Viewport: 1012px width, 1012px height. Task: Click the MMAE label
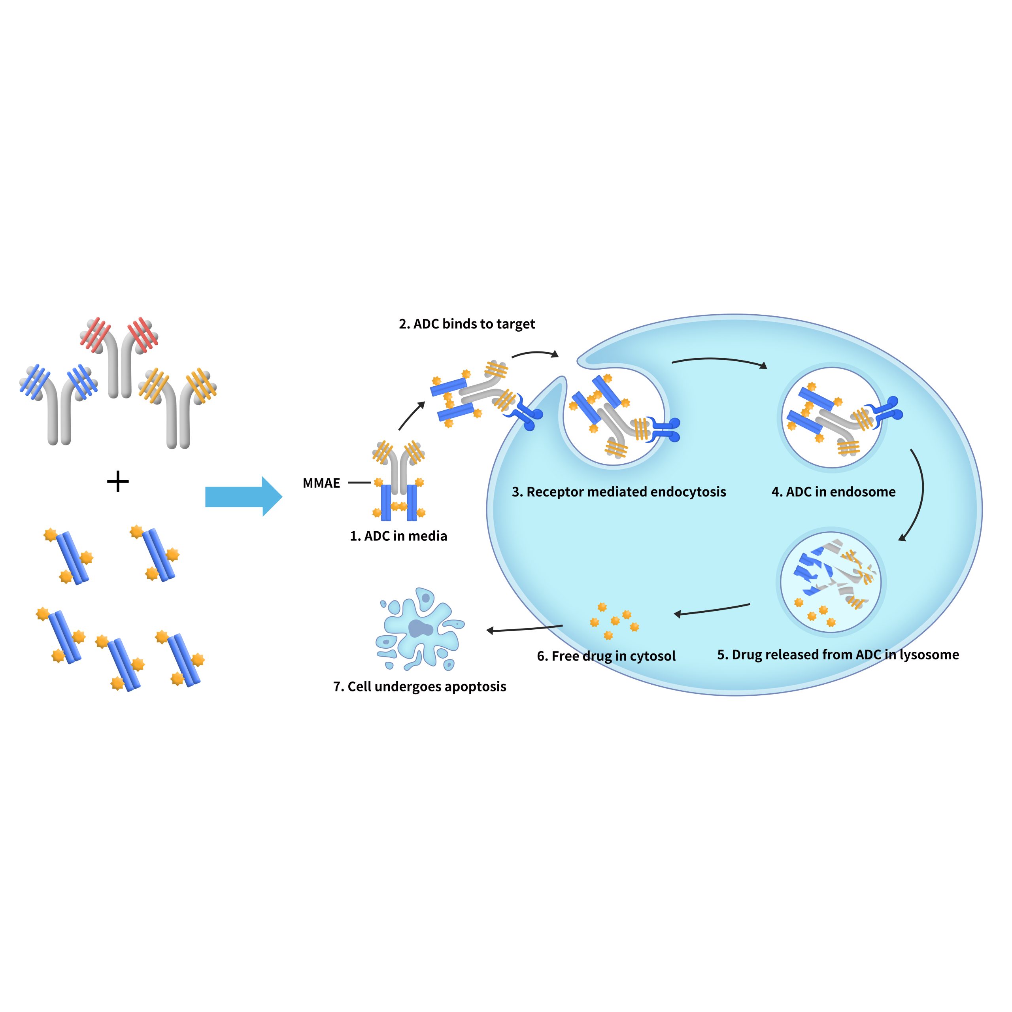tap(321, 483)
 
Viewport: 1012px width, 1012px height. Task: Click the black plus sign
tap(118, 481)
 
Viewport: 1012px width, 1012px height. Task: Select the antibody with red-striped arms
tap(119, 356)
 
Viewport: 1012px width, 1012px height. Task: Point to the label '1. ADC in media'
tap(398, 536)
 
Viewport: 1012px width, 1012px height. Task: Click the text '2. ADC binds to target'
tap(467, 324)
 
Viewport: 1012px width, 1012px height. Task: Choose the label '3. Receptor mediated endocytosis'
tap(619, 492)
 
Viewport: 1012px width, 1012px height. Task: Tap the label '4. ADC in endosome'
tap(833, 492)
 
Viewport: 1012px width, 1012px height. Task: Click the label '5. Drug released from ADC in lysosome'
tap(838, 655)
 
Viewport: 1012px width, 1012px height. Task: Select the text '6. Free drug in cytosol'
tap(606, 656)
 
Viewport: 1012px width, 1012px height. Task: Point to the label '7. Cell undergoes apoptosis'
tap(419, 686)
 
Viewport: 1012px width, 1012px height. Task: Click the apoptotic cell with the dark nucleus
tap(420, 629)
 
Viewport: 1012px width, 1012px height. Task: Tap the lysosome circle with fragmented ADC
tap(831, 582)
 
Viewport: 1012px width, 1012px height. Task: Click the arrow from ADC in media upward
tap(411, 416)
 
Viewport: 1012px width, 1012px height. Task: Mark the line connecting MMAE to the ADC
tap(359, 482)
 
